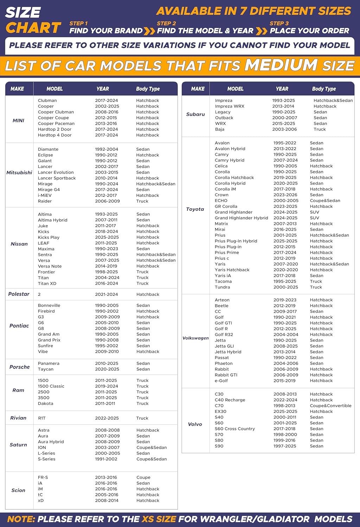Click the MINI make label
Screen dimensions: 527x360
click(x=18, y=121)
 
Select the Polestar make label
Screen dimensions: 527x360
click(x=19, y=294)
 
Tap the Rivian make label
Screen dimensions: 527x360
click(x=18, y=418)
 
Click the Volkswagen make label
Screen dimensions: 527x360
click(x=195, y=338)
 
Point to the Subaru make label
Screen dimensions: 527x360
click(x=195, y=114)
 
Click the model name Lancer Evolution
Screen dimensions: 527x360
click(x=56, y=172)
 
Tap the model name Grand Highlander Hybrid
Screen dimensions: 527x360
click(x=242, y=218)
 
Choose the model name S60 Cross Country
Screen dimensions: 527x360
click(x=235, y=429)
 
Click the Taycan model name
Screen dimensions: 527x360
click(x=46, y=369)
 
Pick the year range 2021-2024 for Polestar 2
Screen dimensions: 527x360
click(x=107, y=294)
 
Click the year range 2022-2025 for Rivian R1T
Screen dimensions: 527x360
click(x=107, y=418)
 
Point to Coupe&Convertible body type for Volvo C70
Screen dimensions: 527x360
click(x=330, y=405)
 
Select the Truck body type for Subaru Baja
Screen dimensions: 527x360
click(x=320, y=129)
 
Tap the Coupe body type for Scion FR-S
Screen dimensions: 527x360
click(x=143, y=477)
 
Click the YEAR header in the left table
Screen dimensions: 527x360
click(x=103, y=89)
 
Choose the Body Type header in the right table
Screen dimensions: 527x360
click(x=324, y=89)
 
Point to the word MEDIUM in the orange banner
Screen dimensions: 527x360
click(x=281, y=65)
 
